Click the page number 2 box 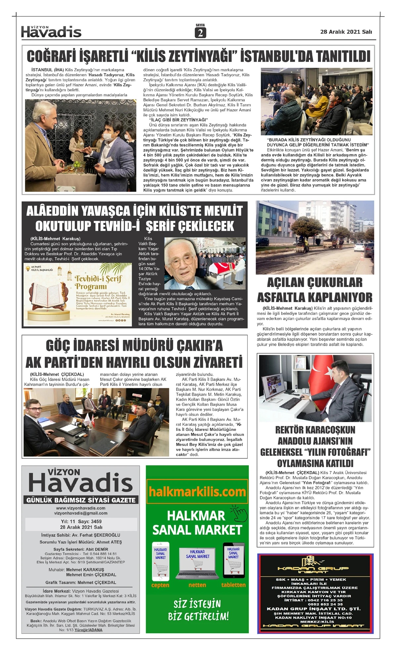click(x=200, y=33)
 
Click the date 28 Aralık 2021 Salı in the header click(x=346, y=32)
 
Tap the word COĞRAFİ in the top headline click(x=52, y=56)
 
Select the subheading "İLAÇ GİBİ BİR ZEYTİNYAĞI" click(x=178, y=120)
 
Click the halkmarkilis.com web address click(x=197, y=492)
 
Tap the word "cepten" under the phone click(x=160, y=585)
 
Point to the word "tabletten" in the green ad click(x=234, y=585)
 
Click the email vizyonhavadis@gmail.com click(x=81, y=513)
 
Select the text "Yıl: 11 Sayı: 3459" click(x=81, y=521)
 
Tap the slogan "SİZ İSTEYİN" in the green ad click(x=197, y=604)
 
